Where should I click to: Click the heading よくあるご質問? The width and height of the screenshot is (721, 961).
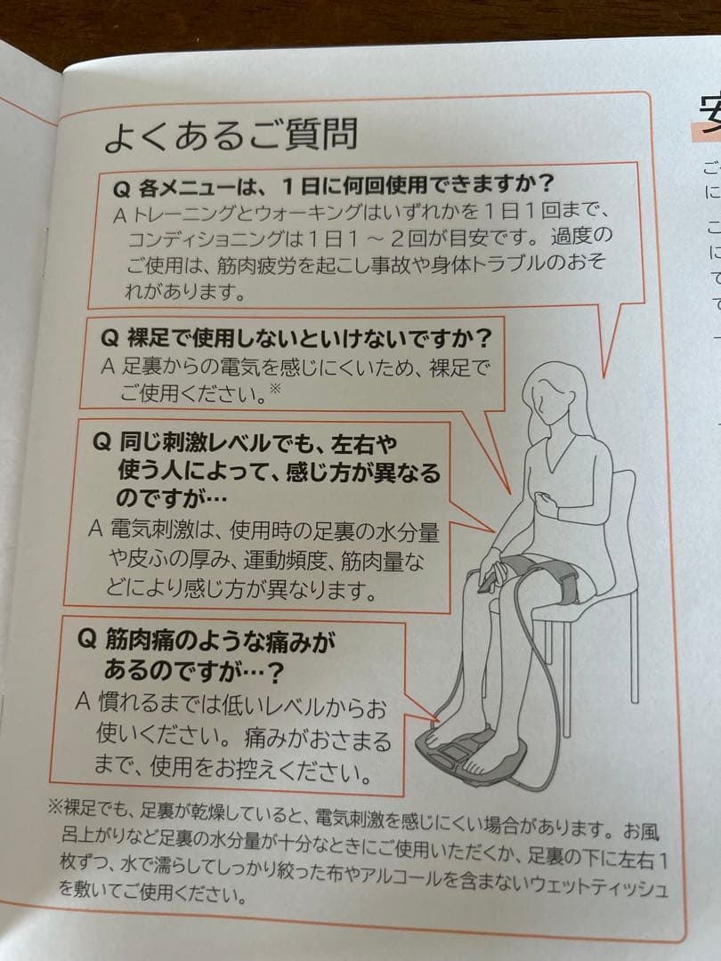(231, 134)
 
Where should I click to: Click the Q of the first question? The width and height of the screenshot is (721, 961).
(122, 190)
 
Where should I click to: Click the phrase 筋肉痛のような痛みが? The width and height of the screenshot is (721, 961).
(221, 639)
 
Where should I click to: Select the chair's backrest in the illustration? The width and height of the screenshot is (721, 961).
(623, 516)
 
